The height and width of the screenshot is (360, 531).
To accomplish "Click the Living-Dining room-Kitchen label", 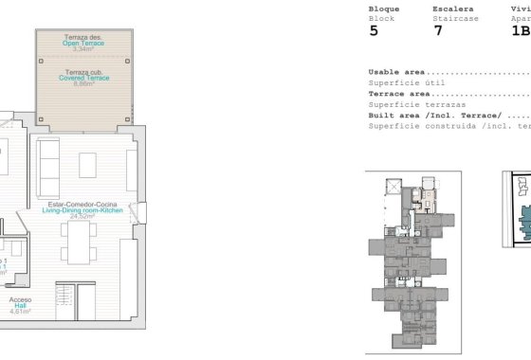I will click(x=91, y=209).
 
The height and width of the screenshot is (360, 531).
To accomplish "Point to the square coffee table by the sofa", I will click(x=88, y=165).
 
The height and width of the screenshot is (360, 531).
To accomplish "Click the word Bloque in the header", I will click(x=383, y=9).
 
